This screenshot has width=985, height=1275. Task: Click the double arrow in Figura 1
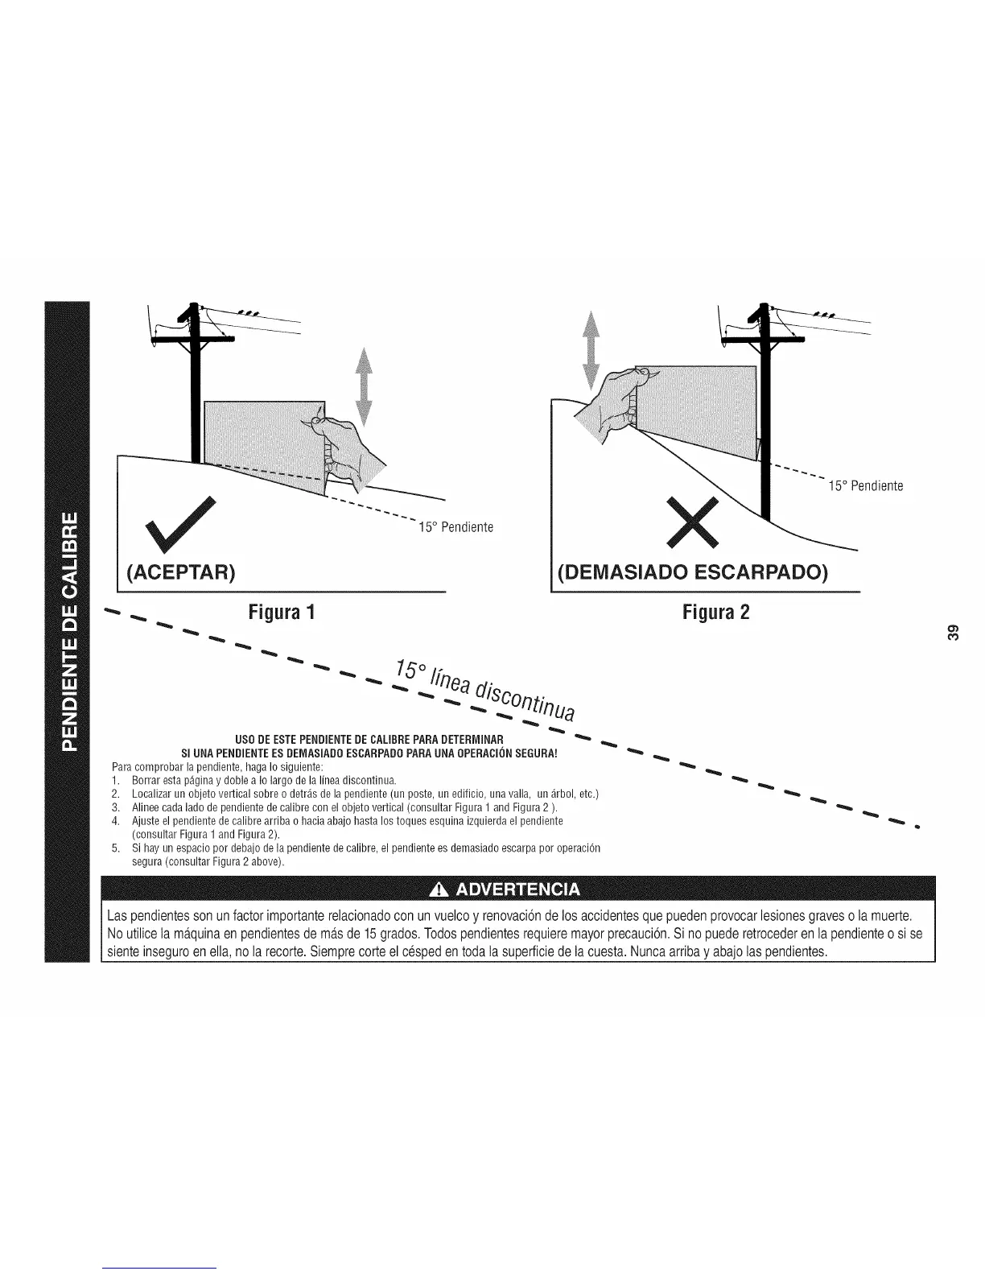coord(364,385)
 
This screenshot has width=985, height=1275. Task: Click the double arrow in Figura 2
coord(591,349)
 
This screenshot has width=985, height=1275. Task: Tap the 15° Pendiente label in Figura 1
coord(455,528)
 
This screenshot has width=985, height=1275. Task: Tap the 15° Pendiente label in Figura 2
coord(865,486)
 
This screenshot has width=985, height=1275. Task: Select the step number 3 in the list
coord(116,807)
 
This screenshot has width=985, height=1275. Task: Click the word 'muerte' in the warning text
coord(891,916)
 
